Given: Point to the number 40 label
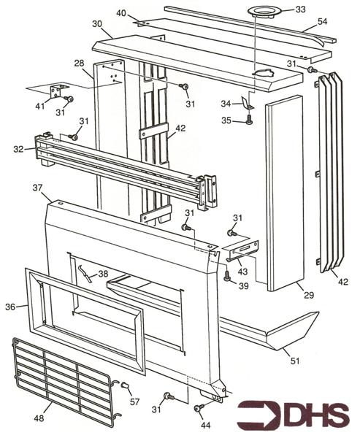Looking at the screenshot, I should point(121,13).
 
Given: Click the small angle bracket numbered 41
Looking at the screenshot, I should point(53,93).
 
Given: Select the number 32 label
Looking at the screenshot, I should point(18,148).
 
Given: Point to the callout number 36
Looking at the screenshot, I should point(10,307).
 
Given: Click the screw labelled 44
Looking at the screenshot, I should point(198,408).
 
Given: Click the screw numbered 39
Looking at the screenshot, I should point(227,276).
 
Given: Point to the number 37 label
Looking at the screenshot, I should point(37,188).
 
